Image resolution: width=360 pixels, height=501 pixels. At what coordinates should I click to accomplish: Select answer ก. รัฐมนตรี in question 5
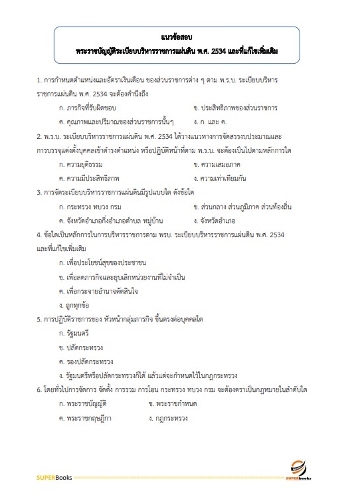pyautogui.click(x=76, y=334)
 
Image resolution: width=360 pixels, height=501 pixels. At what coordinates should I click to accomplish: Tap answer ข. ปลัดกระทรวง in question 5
pyautogui.click(x=82, y=348)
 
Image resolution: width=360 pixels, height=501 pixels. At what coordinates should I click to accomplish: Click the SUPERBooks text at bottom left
pyautogui.click(x=53, y=477)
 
